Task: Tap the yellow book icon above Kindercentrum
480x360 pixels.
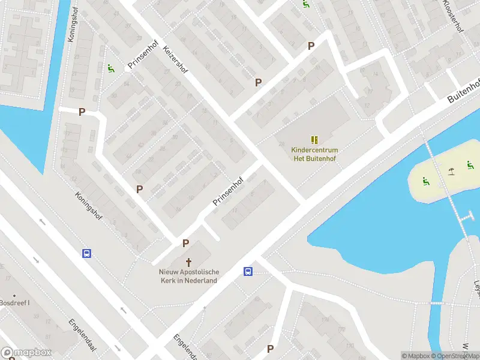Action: [314, 140]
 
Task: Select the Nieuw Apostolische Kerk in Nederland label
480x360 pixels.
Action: [188, 276]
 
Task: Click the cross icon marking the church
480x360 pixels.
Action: [189, 262]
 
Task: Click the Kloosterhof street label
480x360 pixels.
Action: [454, 16]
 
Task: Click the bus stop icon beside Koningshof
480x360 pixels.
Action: [87, 253]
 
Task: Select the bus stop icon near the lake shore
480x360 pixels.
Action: [247, 272]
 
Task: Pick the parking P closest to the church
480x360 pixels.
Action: [186, 244]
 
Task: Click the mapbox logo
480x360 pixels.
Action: [26, 353]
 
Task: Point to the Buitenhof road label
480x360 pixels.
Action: [464, 91]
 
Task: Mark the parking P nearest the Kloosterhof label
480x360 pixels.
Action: [311, 46]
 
